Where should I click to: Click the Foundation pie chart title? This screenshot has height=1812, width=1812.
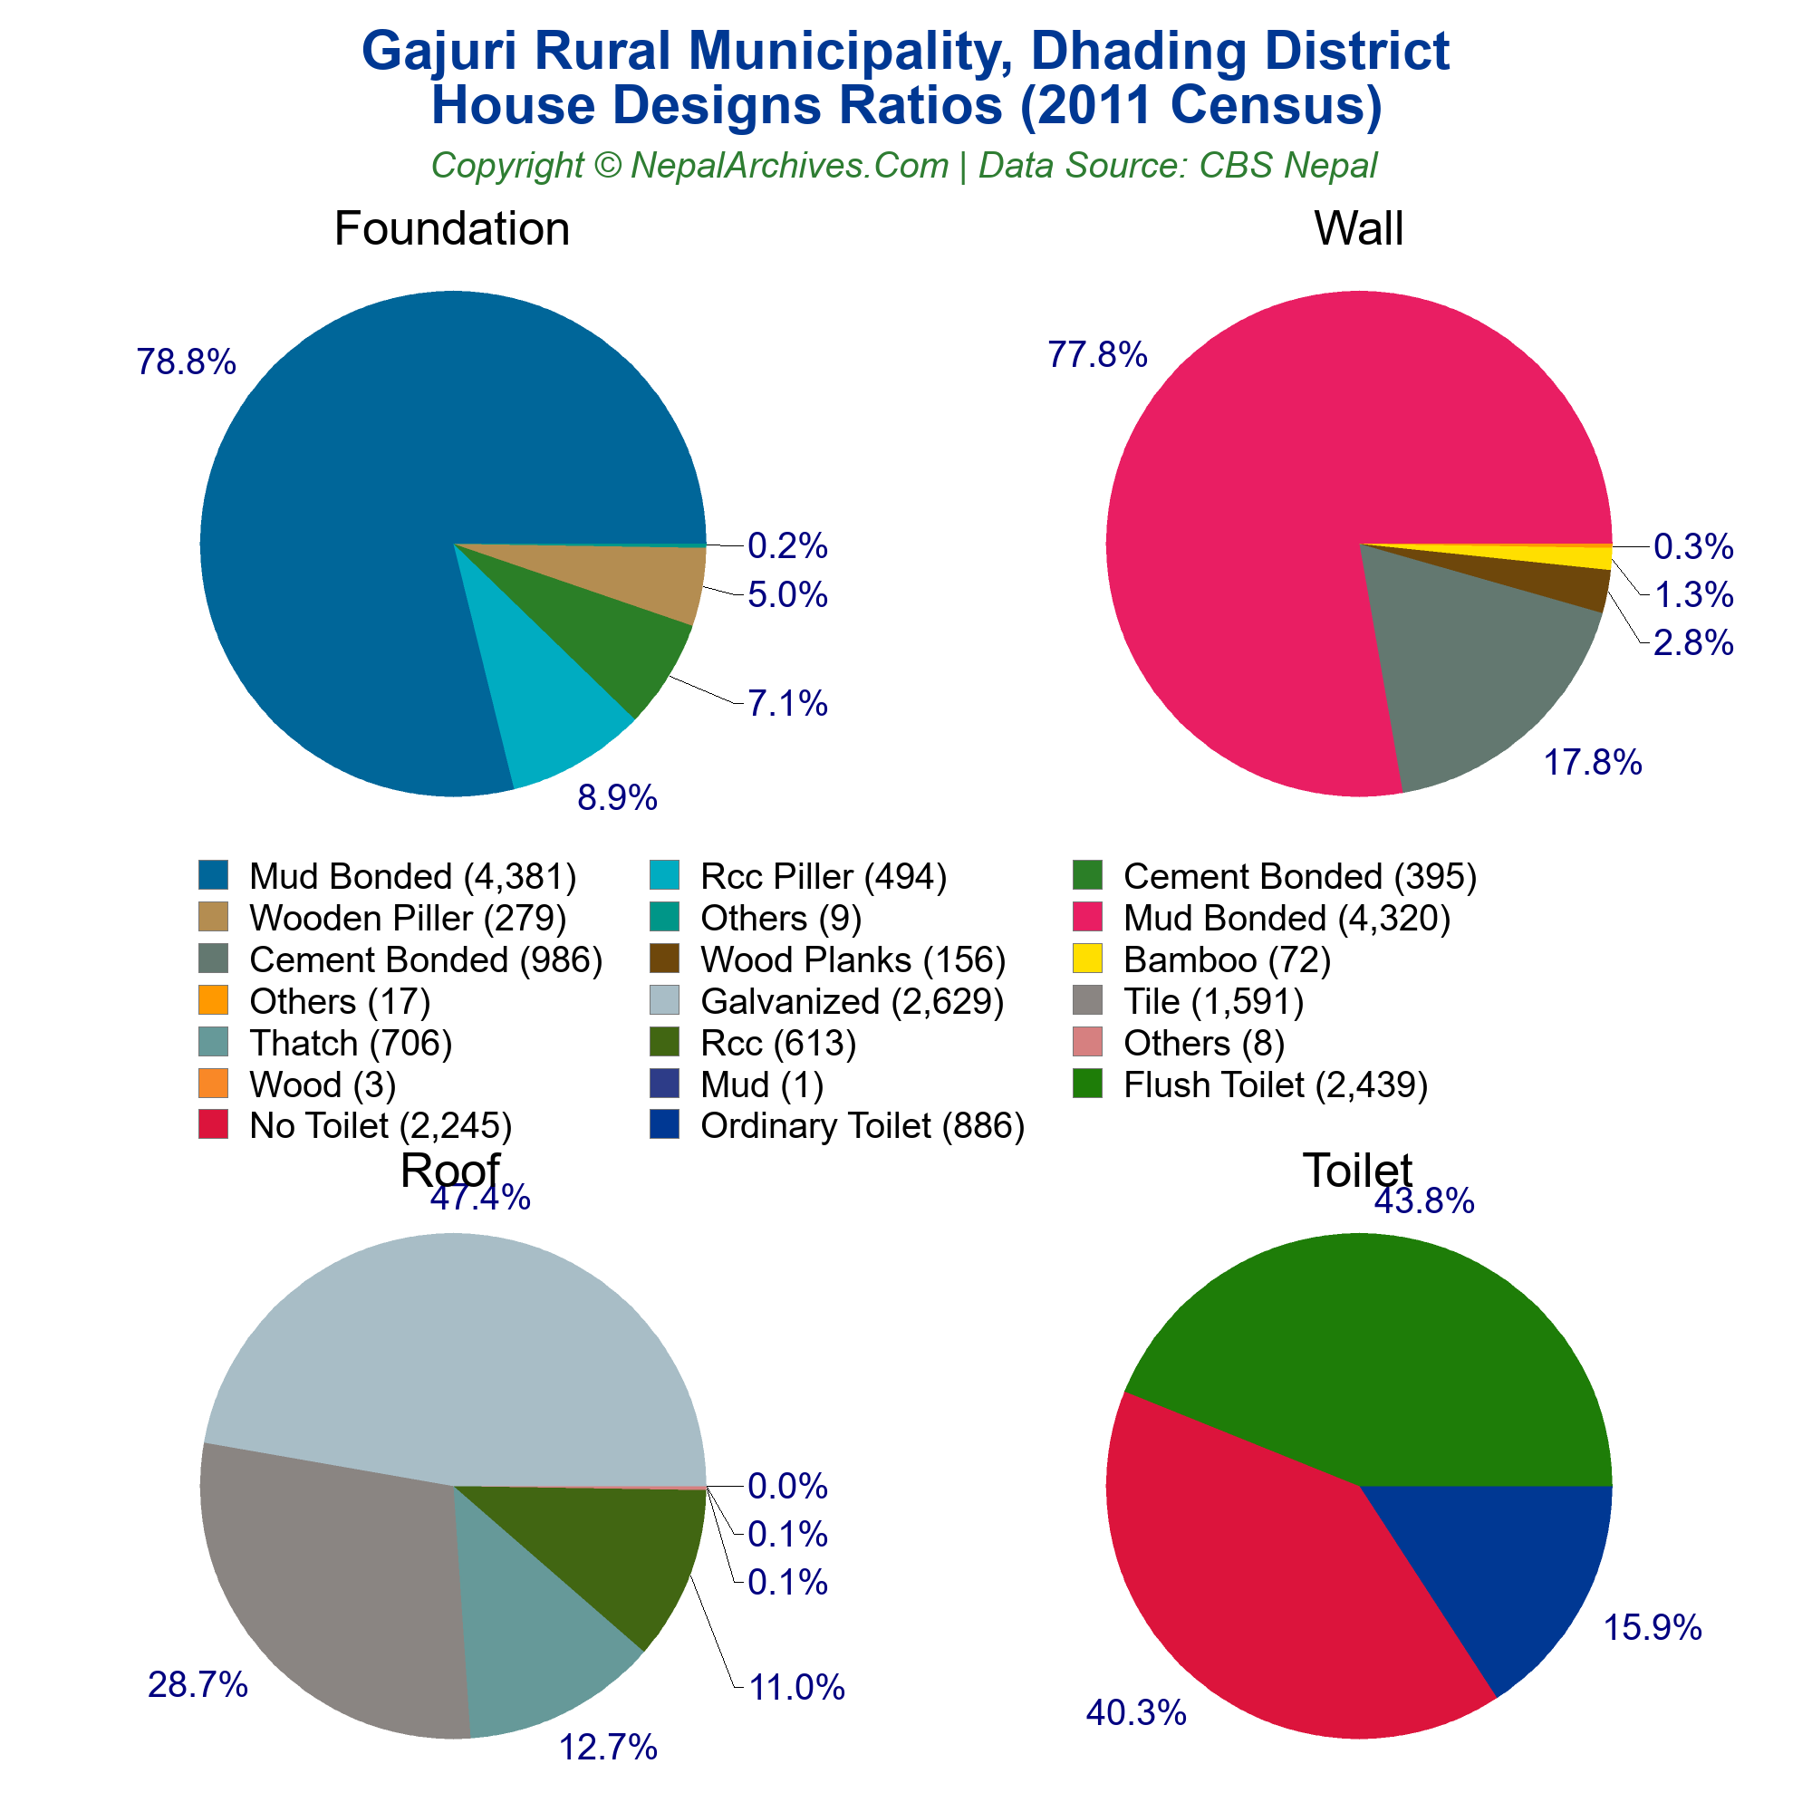click(451, 229)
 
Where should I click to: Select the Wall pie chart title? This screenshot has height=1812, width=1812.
click(1358, 229)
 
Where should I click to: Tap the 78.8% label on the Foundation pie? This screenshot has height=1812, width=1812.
click(186, 362)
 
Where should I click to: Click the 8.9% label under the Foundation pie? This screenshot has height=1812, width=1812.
click(616, 798)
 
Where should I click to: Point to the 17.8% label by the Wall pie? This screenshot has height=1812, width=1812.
click(1593, 764)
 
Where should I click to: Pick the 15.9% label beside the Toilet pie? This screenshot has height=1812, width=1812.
click(1652, 1628)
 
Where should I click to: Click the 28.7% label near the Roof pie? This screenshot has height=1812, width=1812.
click(198, 1685)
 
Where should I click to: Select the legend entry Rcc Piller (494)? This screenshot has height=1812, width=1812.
click(823, 876)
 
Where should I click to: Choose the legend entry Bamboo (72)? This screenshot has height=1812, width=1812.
click(1227, 959)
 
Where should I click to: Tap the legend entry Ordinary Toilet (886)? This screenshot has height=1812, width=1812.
click(862, 1125)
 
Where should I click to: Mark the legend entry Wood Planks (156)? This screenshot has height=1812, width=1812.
click(853, 959)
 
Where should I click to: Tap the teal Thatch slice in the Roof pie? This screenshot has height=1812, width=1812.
click(535, 1651)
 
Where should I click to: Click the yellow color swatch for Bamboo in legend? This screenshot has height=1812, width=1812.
click(1088, 959)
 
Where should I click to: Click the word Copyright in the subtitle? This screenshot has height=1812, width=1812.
click(506, 166)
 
